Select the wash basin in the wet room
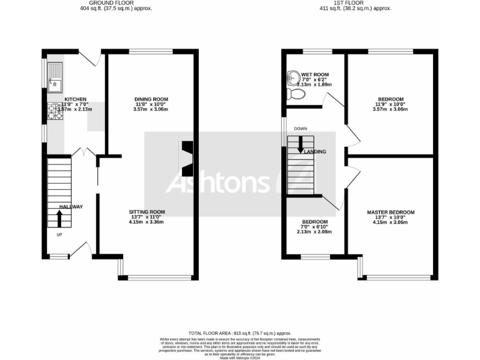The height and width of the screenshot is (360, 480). tap(294, 78)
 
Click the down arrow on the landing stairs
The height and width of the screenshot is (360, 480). tap(301, 144)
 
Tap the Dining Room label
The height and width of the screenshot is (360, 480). tap(151, 99)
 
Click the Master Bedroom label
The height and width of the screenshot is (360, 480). tap(391, 212)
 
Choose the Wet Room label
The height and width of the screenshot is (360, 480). tap(315, 75)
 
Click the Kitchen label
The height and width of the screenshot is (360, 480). tap(75, 99)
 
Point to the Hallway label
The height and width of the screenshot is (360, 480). tap(71, 207)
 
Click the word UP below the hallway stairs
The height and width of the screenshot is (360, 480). tap(59, 235)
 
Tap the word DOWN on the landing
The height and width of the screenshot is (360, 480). tap(301, 129)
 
